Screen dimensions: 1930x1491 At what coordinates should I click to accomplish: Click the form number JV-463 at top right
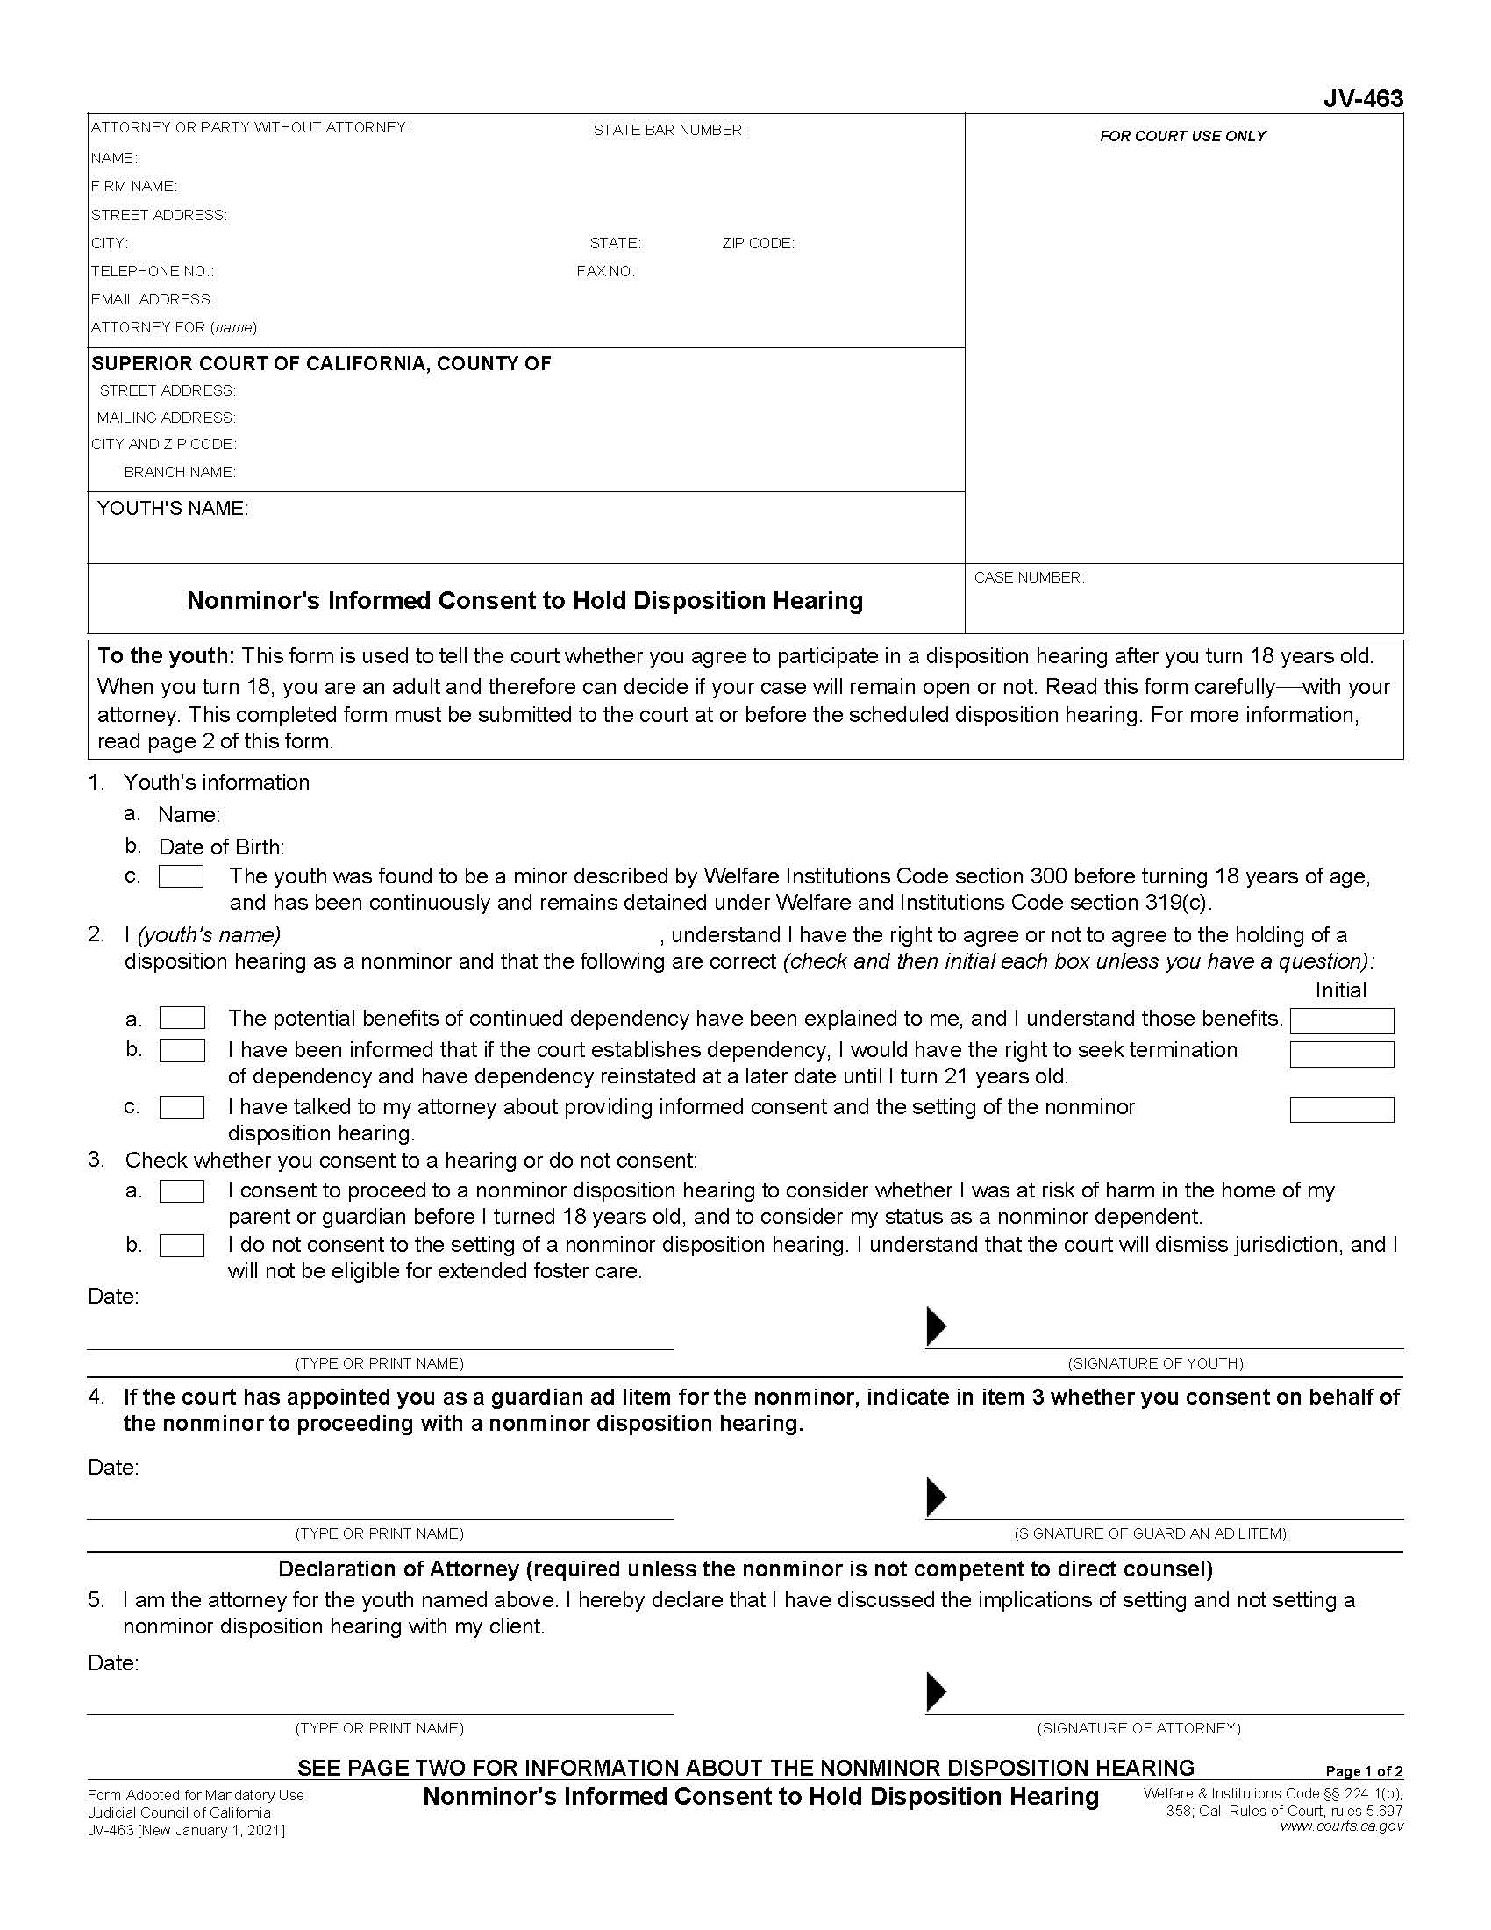coord(1362,98)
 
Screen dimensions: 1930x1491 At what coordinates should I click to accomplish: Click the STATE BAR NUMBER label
coord(668,130)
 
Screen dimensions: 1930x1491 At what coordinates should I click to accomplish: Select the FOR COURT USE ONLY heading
coord(1182,136)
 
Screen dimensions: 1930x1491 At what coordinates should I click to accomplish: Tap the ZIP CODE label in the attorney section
coord(758,243)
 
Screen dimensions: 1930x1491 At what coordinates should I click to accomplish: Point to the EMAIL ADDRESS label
coord(152,299)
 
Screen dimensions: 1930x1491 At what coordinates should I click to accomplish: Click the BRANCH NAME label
coord(179,472)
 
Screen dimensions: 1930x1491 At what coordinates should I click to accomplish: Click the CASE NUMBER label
coord(1029,577)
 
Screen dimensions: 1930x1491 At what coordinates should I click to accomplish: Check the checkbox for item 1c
coord(181,876)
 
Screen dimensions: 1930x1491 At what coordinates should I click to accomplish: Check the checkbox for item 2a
coord(182,1018)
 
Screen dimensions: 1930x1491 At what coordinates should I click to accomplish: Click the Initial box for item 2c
coord(1341,1110)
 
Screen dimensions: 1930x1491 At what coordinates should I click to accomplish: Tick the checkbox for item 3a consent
coord(182,1191)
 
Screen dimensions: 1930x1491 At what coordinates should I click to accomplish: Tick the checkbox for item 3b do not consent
coord(182,1245)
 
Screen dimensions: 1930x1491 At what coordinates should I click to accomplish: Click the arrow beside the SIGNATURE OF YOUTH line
coord(937,1326)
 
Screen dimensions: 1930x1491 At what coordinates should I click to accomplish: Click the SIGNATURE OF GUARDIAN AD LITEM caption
coord(1150,1533)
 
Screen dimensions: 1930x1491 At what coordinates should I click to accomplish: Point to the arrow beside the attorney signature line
coord(937,1691)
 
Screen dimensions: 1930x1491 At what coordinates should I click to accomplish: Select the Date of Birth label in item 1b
coord(221,847)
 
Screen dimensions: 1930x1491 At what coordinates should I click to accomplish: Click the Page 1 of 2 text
coord(1364,1771)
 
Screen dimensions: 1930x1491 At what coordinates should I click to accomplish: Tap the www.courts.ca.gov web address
coord(1341,1826)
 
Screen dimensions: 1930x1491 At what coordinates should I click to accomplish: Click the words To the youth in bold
coord(165,655)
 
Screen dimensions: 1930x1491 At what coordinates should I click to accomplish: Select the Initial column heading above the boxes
coord(1340,990)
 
